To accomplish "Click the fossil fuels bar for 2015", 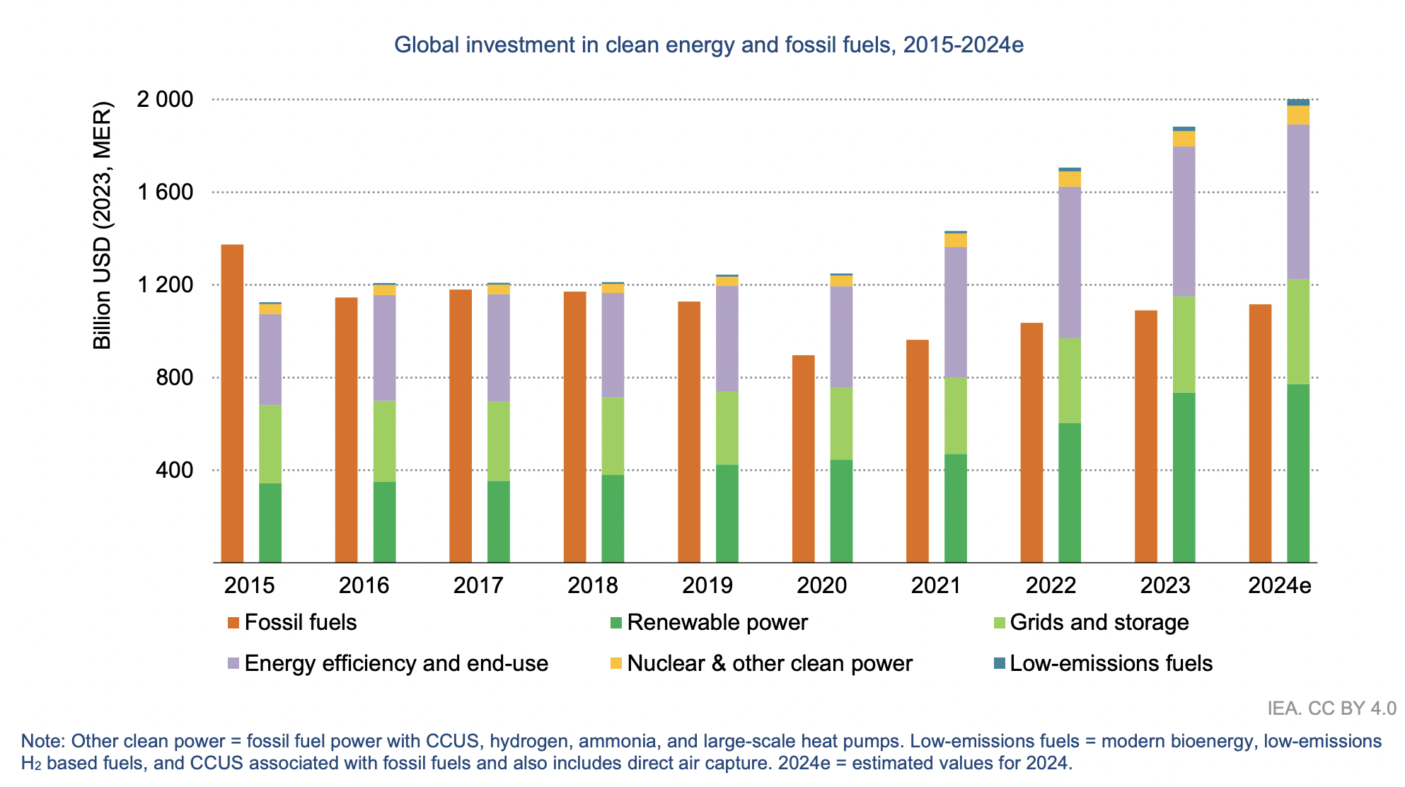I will click(x=233, y=403).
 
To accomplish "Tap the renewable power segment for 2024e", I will click(x=1298, y=473).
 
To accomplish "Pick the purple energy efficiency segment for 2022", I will click(x=1070, y=262).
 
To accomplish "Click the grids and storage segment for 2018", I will click(x=613, y=436).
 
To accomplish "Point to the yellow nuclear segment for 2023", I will click(x=1184, y=139).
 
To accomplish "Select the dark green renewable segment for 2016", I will click(x=384, y=522).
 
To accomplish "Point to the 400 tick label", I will click(x=175, y=470).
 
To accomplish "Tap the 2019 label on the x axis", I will click(x=707, y=585).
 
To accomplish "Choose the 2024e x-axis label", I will click(x=1279, y=585).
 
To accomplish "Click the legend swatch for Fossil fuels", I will click(x=233, y=623).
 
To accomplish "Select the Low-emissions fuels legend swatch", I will click(x=999, y=664).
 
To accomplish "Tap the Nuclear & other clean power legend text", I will click(x=770, y=664).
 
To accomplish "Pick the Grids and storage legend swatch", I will click(x=999, y=623).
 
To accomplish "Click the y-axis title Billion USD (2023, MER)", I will click(x=103, y=226).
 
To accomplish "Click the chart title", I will click(x=709, y=45).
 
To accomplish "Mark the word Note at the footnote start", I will click(x=42, y=741).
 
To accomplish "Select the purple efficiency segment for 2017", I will click(x=499, y=347).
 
